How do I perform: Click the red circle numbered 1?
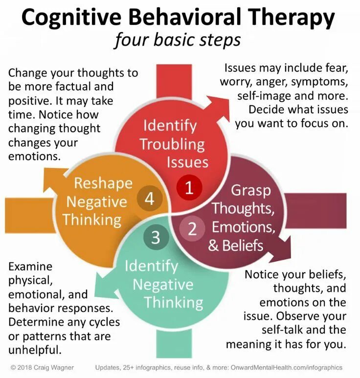coord(189,188)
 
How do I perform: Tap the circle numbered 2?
coord(192,228)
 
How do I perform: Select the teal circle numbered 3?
coord(156,237)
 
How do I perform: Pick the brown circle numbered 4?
coord(149,199)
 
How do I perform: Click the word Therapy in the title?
coord(289,18)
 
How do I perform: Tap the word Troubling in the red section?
coord(172,144)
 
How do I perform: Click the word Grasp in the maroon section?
coord(251,189)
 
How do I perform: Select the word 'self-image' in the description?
coord(265,95)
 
